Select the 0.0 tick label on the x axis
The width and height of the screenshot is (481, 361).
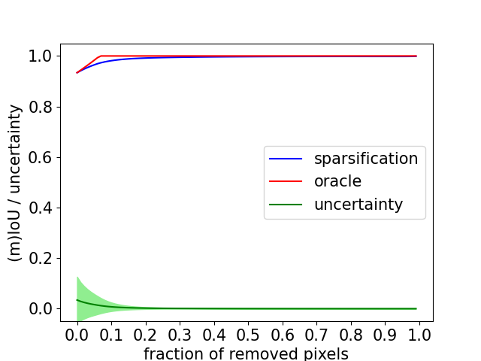pos(77,333)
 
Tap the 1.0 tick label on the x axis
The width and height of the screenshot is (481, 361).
pos(419,333)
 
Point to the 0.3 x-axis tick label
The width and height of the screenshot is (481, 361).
pos(180,333)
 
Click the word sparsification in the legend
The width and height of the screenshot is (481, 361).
pos(366,159)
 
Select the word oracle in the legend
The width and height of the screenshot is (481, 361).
pos(337,181)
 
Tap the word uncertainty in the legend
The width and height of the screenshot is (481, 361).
pos(358,205)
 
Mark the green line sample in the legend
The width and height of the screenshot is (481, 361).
pos(286,205)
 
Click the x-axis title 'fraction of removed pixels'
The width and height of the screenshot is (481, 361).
pos(245,353)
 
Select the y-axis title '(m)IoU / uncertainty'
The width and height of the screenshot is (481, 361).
pos(15,182)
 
